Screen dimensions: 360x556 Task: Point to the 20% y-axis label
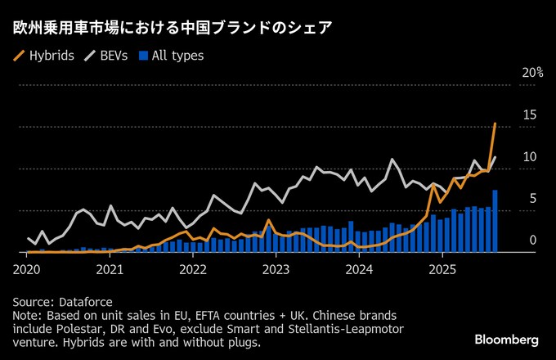[x=532, y=72]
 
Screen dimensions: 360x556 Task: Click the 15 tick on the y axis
[x=530, y=115]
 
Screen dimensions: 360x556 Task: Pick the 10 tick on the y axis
[x=530, y=156]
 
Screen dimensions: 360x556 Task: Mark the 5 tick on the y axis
[x=533, y=198]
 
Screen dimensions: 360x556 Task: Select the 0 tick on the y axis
[x=533, y=240]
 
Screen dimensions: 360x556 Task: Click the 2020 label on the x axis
[x=26, y=268]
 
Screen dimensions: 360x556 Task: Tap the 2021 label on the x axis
[x=110, y=268]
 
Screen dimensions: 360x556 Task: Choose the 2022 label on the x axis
[x=193, y=268]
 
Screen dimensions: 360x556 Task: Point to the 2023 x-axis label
[x=276, y=268]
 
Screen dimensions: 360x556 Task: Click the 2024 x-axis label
[x=359, y=268]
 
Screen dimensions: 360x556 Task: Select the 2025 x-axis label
[x=442, y=268]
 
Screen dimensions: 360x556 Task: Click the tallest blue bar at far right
[x=495, y=222]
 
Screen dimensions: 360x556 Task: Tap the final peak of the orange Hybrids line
[x=495, y=124]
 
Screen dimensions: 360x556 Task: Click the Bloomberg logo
[x=507, y=340]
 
